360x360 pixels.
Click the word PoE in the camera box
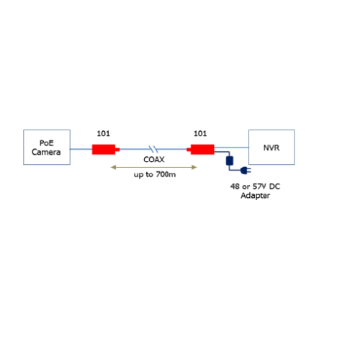(x=47, y=143)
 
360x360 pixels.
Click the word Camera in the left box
(x=46, y=152)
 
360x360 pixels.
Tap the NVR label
(x=271, y=148)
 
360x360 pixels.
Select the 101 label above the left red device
(x=104, y=133)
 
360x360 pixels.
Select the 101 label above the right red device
(x=200, y=133)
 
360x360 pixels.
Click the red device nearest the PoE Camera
(x=106, y=149)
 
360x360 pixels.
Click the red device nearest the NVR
(x=201, y=149)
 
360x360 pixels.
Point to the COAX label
(x=154, y=159)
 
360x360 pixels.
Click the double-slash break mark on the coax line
(x=153, y=149)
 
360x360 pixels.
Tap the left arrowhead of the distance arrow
(x=113, y=167)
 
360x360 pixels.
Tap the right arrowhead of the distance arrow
(x=194, y=167)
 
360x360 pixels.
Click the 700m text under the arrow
(x=166, y=174)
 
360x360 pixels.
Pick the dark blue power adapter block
(x=230, y=161)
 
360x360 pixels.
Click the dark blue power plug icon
(x=246, y=171)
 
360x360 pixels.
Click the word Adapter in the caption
(x=256, y=196)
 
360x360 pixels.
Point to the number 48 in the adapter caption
(x=235, y=186)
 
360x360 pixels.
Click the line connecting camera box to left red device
(x=81, y=149)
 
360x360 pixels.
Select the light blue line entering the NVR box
(x=232, y=148)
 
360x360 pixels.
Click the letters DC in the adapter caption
(x=274, y=186)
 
